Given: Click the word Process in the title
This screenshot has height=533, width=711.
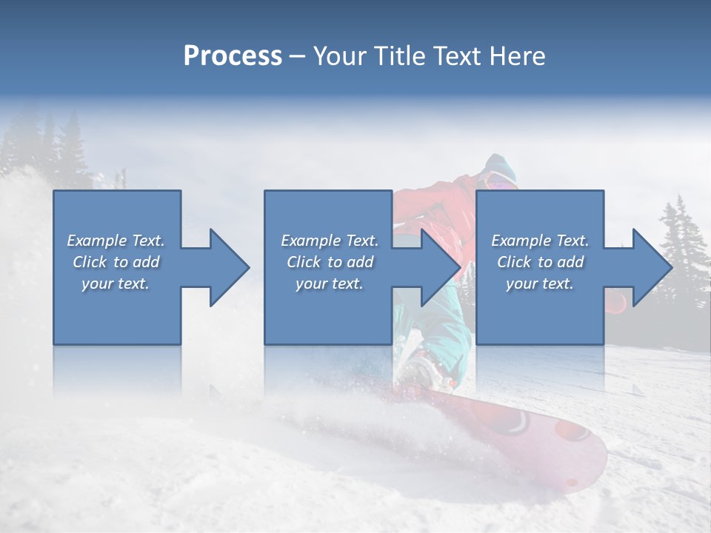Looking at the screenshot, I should point(233,56).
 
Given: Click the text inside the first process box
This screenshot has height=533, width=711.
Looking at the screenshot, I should point(116,262).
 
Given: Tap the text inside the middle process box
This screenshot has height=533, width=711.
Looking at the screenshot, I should point(329,262).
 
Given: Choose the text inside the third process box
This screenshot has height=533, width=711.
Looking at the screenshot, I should point(539,262).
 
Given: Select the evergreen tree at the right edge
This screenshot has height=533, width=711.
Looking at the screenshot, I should point(684,252).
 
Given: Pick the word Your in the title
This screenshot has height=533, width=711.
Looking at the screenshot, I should point(338,56).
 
